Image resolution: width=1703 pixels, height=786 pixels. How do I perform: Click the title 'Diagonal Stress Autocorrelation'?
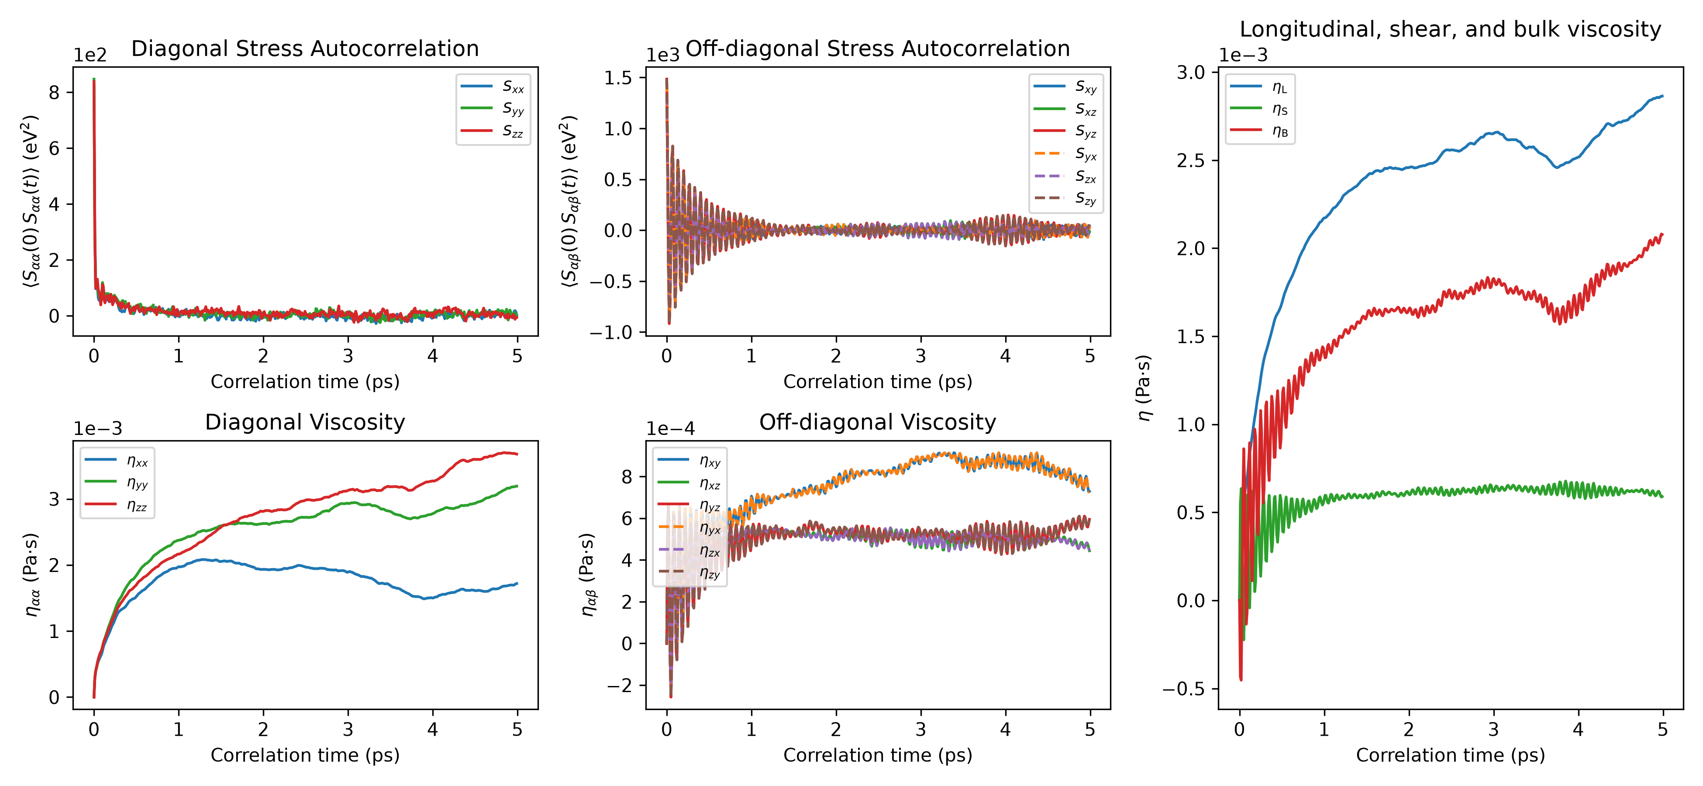tap(305, 48)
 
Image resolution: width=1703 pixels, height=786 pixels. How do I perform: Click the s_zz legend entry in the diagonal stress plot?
tap(493, 131)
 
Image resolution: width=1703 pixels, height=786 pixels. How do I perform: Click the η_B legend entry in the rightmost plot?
tap(1259, 131)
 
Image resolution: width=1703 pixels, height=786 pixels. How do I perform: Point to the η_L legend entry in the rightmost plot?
tap(1259, 86)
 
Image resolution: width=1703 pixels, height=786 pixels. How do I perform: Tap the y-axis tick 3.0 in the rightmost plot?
tap(1191, 72)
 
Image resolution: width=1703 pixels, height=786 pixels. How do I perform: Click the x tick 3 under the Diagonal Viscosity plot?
tap(348, 729)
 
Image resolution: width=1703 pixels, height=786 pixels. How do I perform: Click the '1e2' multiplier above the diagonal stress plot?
tap(90, 55)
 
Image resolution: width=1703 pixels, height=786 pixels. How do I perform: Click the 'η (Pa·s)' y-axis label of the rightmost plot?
tap(1144, 388)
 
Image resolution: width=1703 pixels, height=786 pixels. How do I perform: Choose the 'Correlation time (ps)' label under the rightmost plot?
tap(1451, 755)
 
